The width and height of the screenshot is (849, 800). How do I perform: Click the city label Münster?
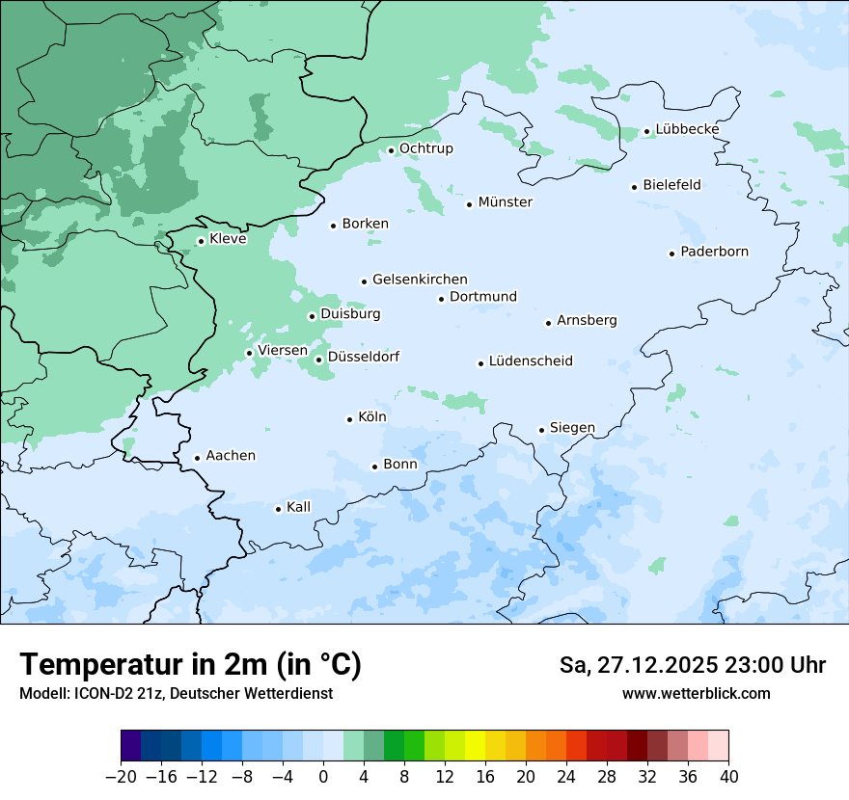(506, 202)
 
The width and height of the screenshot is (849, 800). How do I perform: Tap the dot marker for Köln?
(350, 419)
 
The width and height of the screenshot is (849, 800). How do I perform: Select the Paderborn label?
(714, 252)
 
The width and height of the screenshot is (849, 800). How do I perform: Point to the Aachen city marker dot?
(197, 459)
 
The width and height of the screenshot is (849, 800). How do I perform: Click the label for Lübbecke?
(687, 129)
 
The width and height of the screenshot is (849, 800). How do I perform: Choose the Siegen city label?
(572, 428)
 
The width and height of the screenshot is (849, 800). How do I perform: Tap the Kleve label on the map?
(228, 239)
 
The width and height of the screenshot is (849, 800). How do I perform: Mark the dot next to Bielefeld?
(635, 187)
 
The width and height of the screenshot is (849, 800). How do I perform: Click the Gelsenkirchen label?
(420, 280)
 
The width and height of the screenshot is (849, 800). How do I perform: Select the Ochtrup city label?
(426, 148)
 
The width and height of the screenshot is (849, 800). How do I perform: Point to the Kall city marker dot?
(279, 509)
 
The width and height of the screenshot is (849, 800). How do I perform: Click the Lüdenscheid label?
(531, 361)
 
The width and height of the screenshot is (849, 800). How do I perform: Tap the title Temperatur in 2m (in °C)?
(190, 664)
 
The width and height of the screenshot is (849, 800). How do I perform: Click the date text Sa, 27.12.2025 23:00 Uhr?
(692, 665)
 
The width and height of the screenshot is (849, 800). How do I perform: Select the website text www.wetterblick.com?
(696, 693)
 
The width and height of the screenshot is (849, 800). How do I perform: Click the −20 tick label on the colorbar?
(121, 777)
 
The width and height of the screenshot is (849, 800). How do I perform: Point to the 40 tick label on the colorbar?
(728, 777)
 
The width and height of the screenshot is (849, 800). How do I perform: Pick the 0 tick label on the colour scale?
(323, 777)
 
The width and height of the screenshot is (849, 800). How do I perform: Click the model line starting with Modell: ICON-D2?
(176, 693)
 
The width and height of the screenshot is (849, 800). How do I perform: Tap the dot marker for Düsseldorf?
(319, 360)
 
